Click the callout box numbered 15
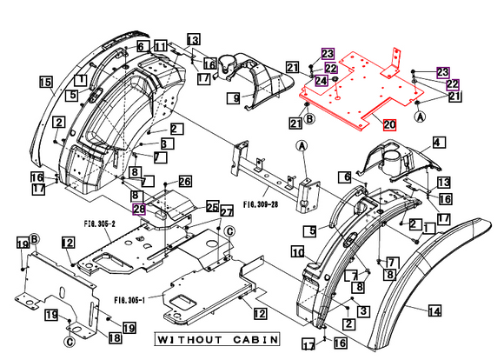point(45,82)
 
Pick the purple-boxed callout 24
point(322,81)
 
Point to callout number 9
point(235,99)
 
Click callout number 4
point(438,142)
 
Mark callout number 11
point(161,45)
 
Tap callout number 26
point(184,181)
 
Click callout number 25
point(212,207)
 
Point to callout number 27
point(226,212)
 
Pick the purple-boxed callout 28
point(138,209)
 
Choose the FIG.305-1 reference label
point(129,299)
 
